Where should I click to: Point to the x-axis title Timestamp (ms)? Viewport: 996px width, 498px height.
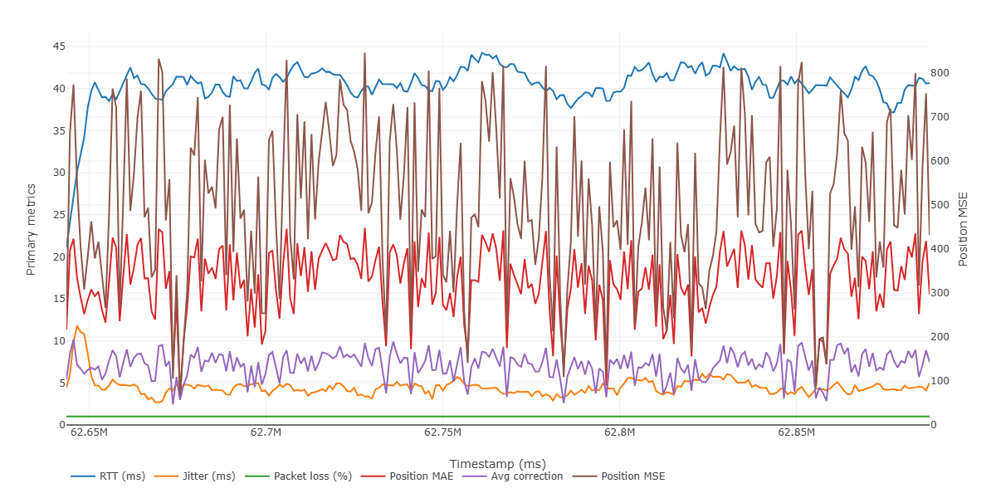(498, 463)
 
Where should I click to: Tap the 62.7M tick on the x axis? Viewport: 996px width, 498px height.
(266, 432)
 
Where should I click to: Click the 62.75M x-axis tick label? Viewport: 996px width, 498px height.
(442, 432)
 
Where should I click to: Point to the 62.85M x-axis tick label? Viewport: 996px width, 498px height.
(796, 432)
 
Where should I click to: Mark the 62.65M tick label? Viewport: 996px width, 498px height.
(89, 432)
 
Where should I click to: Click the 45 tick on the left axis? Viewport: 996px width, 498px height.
(59, 46)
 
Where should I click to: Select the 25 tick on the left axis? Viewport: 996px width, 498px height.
(59, 215)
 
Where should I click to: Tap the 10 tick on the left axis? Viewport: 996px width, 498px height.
(59, 341)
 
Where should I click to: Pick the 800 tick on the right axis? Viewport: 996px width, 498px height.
(943, 74)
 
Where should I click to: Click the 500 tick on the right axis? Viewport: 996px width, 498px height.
(943, 205)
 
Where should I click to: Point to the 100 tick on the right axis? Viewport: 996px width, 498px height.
(943, 381)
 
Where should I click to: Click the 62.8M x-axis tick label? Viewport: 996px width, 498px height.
(619, 432)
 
